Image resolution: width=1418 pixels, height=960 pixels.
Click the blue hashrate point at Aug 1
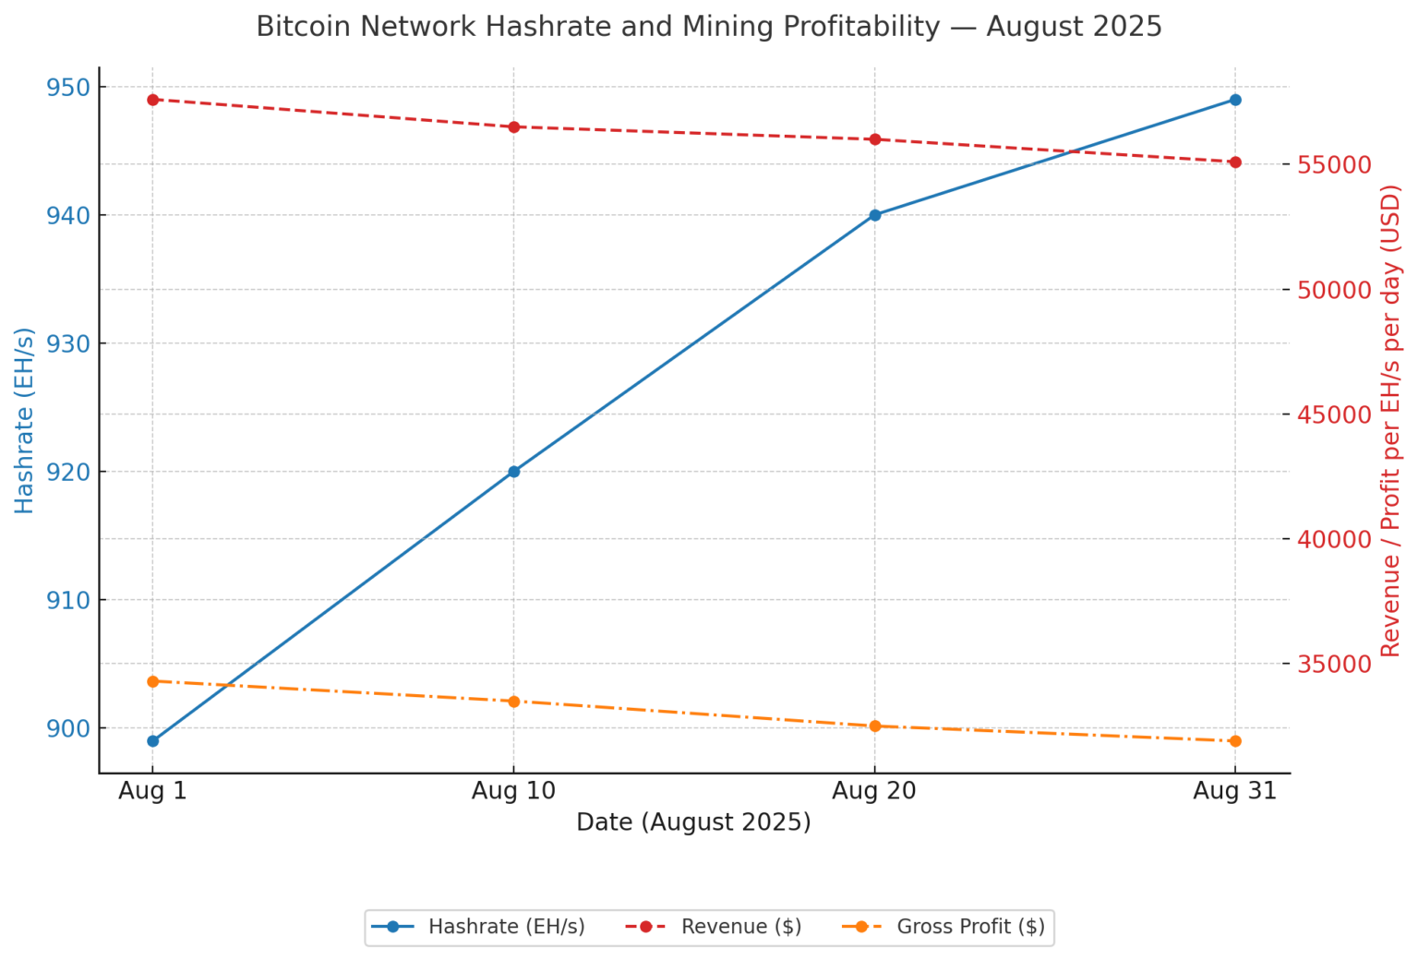pyautogui.click(x=153, y=740)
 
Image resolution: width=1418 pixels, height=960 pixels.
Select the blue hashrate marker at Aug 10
pyautogui.click(x=514, y=472)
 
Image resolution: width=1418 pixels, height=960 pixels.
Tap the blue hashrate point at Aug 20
pyautogui.click(x=875, y=215)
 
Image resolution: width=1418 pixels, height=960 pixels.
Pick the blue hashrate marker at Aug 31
pyautogui.click(x=1235, y=100)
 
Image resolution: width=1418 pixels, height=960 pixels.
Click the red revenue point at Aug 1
pyautogui.click(x=153, y=100)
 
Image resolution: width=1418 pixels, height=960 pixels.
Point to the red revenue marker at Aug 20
pyautogui.click(x=875, y=139)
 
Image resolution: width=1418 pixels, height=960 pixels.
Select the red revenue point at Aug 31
pyautogui.click(x=1235, y=162)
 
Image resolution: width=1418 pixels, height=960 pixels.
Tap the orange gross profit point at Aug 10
pyautogui.click(x=514, y=702)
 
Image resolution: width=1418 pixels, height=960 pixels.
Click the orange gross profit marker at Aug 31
pyautogui.click(x=1235, y=741)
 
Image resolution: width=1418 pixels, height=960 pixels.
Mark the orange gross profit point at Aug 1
pyautogui.click(x=153, y=681)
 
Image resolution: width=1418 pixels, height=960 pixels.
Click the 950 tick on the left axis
pyautogui.click(x=67, y=88)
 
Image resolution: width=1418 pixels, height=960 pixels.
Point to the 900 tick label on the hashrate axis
pyautogui.click(x=67, y=728)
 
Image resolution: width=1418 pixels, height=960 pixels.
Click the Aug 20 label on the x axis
pyautogui.click(x=874, y=791)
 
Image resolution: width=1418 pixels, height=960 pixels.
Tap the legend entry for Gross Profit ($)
pyautogui.click(x=970, y=927)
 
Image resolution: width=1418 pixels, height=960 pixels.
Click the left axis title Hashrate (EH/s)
pyautogui.click(x=25, y=420)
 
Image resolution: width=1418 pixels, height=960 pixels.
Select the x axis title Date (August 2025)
pyautogui.click(x=693, y=822)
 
